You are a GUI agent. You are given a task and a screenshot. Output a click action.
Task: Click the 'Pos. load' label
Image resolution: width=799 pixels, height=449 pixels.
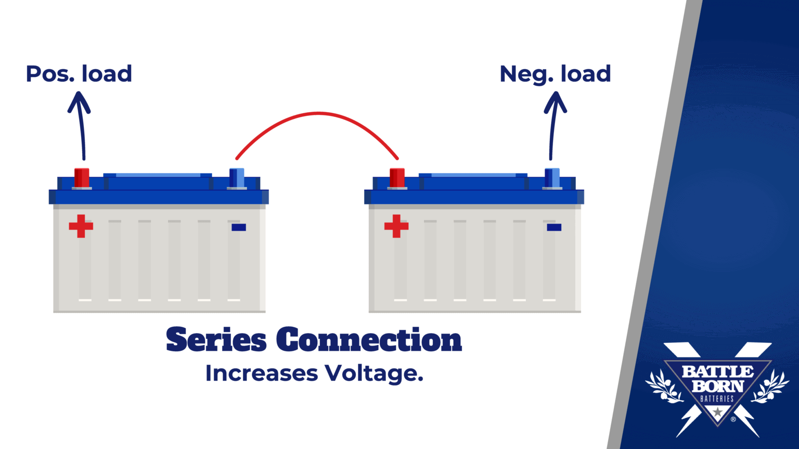79,74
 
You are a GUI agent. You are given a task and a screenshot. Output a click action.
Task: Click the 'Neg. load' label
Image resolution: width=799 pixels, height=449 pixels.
555,74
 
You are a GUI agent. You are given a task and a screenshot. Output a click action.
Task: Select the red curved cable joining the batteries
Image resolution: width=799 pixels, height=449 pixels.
317,114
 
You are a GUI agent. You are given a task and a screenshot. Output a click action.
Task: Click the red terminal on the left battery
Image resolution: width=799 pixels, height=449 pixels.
82,177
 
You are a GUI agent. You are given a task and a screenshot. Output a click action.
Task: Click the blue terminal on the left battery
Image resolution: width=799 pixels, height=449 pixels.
237,177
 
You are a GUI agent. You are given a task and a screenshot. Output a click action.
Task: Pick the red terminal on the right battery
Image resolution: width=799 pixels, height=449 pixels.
397,177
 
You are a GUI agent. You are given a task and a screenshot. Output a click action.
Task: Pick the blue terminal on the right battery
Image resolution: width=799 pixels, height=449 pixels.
552,177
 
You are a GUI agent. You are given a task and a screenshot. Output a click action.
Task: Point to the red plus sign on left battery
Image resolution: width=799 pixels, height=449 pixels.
81,226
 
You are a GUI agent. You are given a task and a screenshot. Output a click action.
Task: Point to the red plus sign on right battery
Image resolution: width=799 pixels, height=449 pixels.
396,226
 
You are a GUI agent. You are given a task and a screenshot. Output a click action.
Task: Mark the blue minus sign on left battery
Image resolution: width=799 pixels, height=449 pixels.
239,227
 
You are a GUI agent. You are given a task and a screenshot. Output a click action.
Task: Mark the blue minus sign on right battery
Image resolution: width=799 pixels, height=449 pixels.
554,227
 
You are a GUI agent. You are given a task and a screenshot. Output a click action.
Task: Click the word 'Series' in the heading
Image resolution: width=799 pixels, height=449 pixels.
216,340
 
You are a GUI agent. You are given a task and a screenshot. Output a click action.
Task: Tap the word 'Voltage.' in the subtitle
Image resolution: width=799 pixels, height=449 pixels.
374,374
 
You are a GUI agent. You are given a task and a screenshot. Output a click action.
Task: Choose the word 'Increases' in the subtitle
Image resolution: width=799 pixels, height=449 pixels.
261,374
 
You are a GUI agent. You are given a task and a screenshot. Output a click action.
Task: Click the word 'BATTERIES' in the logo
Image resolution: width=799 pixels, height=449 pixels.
717,399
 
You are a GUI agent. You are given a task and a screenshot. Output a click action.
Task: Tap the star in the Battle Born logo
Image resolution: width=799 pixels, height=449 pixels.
718,412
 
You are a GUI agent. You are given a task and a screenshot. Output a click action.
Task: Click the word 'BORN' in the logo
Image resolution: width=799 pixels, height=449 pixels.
718,386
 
